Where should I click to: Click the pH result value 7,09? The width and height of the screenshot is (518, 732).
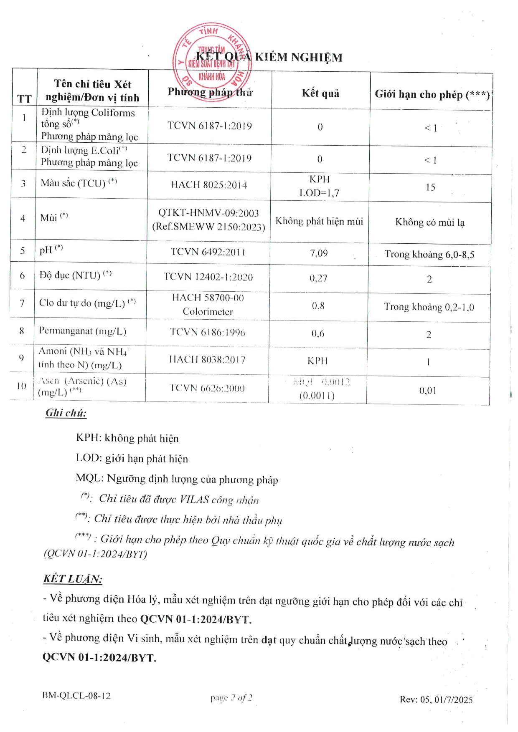click(x=319, y=253)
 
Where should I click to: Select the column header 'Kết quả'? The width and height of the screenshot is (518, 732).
click(x=320, y=93)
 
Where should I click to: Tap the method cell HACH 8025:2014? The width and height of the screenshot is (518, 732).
click(x=209, y=185)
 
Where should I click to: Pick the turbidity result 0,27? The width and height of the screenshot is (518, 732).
click(x=318, y=278)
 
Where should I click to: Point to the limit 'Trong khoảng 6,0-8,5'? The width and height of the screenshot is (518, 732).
click(x=429, y=254)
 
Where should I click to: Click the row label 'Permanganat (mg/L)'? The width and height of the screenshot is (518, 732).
click(x=82, y=331)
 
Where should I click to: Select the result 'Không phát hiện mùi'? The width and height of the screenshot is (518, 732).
click(x=319, y=221)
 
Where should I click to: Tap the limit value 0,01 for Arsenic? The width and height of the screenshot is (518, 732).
click(x=428, y=391)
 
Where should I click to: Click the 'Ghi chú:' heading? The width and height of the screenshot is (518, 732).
click(x=66, y=413)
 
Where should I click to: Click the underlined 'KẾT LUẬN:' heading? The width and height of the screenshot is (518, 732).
click(x=73, y=579)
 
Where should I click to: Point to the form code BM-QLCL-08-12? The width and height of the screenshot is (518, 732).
click(x=76, y=696)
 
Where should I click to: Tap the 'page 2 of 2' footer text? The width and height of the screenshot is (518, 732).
click(x=231, y=697)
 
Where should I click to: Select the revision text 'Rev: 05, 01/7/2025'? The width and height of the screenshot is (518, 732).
click(x=436, y=699)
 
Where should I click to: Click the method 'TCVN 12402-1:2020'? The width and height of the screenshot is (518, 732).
click(x=208, y=277)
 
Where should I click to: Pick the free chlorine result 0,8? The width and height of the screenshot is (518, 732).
click(x=318, y=306)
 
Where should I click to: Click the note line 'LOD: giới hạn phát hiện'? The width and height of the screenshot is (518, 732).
click(x=132, y=458)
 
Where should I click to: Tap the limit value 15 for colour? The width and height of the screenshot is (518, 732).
click(x=430, y=187)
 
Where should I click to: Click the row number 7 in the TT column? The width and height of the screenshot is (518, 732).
click(x=22, y=303)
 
